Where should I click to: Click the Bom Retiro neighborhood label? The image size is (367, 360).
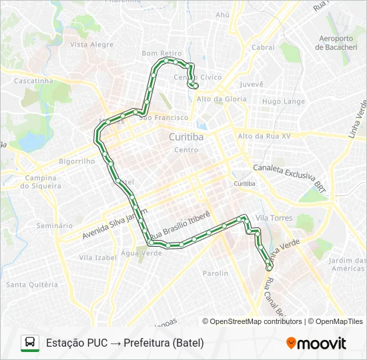(x=161, y=53)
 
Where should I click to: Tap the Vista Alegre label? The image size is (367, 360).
(x=91, y=45)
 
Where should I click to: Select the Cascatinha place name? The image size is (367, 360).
(x=33, y=81)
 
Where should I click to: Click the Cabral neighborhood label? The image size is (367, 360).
(x=263, y=47)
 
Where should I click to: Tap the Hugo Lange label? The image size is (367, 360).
(x=283, y=101)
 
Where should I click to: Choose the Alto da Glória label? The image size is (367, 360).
(x=222, y=99)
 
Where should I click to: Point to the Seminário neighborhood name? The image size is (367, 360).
(x=55, y=226)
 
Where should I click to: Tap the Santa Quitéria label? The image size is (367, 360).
(x=32, y=285)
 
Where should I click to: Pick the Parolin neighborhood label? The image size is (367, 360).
(x=216, y=273)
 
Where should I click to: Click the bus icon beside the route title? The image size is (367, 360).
(x=30, y=343)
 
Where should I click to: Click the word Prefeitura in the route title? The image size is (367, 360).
(x=146, y=343)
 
